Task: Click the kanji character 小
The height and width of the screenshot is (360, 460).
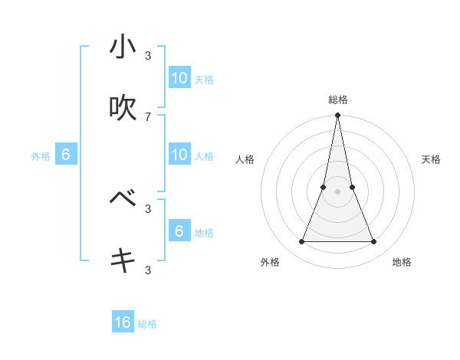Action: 123,47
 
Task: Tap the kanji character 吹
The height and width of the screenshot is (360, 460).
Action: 123,108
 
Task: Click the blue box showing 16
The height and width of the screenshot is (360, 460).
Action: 123,322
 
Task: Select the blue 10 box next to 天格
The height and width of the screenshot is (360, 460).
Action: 179,78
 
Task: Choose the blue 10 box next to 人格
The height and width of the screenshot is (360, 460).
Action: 179,155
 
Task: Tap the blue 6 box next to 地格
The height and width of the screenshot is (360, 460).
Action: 179,231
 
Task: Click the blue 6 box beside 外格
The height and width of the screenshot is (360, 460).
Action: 66,155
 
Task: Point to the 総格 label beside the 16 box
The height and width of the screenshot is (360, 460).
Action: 147,324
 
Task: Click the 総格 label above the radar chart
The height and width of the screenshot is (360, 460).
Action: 337,100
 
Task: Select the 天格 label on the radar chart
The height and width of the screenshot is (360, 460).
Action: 432,159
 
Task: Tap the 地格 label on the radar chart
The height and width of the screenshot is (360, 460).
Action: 402,262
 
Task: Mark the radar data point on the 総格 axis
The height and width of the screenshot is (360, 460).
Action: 337,116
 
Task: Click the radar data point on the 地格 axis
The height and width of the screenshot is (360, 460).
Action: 374,242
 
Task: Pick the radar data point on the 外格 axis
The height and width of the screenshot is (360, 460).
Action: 301,242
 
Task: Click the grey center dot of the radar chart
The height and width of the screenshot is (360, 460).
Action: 337,191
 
